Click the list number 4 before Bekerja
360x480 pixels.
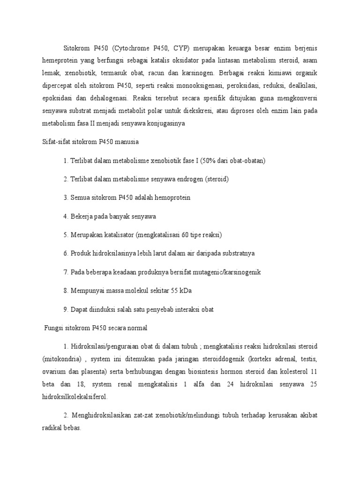[66, 217]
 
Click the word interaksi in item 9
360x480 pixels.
[189, 309]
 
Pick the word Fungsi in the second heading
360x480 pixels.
[49, 327]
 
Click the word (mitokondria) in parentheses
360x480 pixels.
[60, 359]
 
